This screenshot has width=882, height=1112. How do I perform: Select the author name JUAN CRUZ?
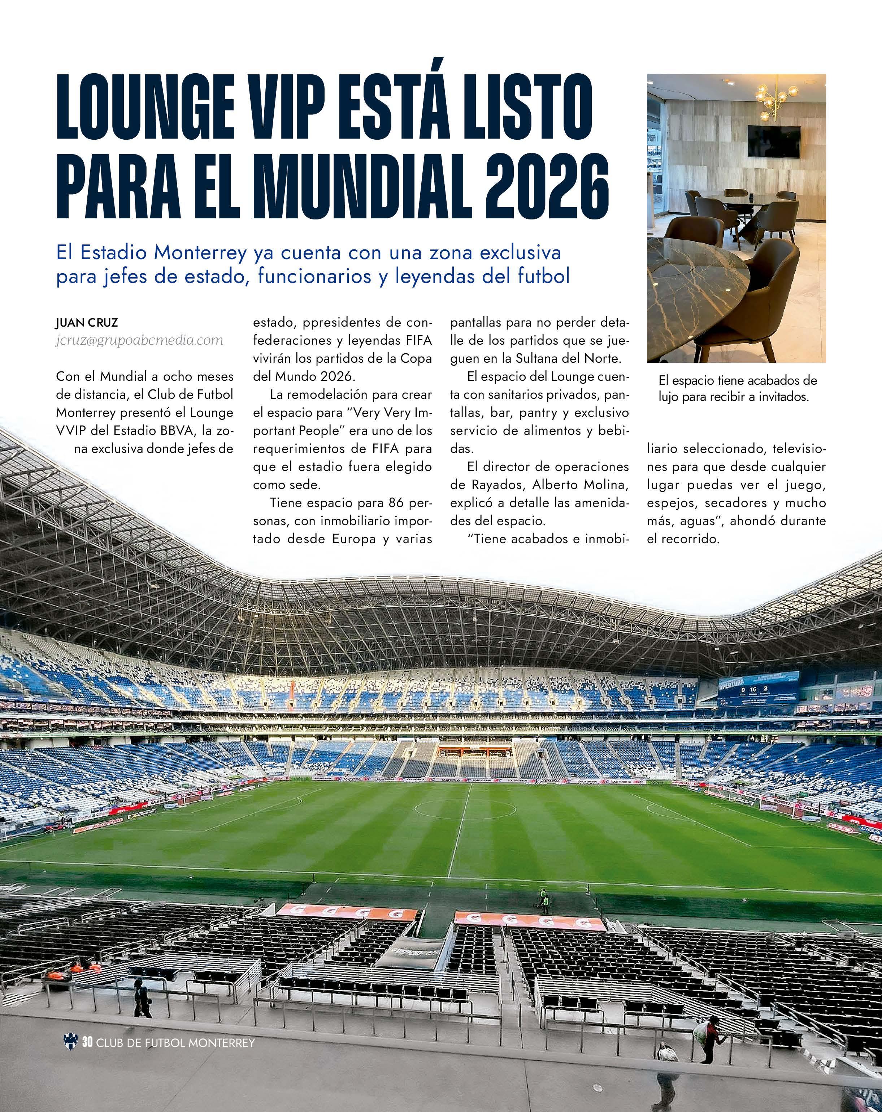pyautogui.click(x=87, y=323)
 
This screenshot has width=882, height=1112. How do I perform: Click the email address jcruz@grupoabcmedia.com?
pyautogui.click(x=139, y=340)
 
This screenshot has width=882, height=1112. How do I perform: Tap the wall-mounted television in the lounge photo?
pyautogui.click(x=774, y=141)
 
